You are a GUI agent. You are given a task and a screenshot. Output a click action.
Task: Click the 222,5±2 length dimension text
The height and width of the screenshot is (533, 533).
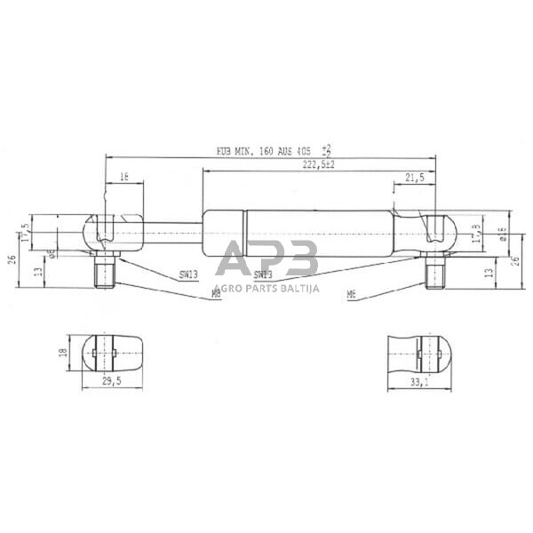[x=318, y=165]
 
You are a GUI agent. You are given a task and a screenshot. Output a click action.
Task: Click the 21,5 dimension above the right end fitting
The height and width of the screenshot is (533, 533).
[x=414, y=179]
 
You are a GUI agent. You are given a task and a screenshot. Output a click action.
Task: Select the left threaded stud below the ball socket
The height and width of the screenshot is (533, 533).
[x=106, y=271]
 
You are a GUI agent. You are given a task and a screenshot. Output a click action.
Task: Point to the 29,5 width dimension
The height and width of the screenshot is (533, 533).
[x=109, y=380]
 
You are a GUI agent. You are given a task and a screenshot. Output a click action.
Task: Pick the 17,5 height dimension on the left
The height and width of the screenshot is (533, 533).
[x=25, y=233]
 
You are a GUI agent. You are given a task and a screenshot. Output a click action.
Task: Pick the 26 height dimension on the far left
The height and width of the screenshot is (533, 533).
[x=12, y=259]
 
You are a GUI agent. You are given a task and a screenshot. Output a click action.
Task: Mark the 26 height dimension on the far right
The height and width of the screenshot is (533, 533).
[x=515, y=259]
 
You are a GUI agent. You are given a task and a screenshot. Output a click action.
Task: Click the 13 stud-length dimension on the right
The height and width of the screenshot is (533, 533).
[x=489, y=272]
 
